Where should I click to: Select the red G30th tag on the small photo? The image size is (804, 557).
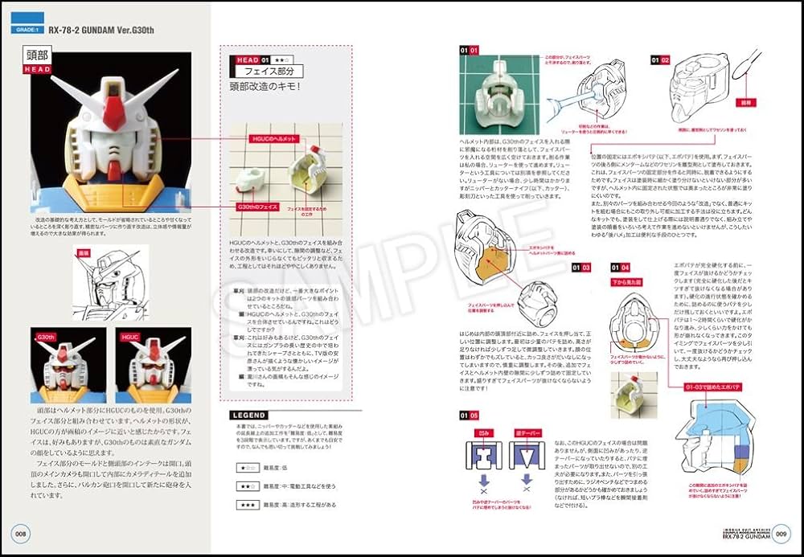pos(47,338)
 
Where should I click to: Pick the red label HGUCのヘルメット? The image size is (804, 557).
pos(274,140)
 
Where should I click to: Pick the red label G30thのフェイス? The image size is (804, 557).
pos(257,207)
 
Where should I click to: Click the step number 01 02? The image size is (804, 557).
pos(660,59)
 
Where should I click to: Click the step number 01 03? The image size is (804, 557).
pos(580,267)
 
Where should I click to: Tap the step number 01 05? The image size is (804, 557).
pos(469,416)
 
